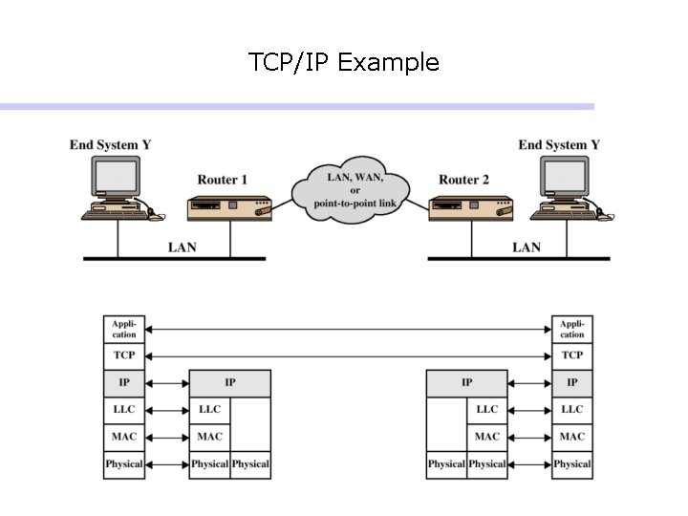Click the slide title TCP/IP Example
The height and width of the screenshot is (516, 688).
click(343, 63)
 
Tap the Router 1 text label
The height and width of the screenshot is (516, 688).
click(222, 180)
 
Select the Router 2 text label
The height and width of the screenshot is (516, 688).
click(463, 180)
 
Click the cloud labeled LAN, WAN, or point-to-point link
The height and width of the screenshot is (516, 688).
click(355, 191)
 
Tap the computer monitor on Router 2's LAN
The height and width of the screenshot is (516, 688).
click(565, 178)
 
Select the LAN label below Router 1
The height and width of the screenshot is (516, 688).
click(182, 247)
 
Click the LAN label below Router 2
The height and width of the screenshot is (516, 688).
click(526, 247)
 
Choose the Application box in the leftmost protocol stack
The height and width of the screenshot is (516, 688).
click(124, 330)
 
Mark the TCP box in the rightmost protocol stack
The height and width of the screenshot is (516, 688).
click(572, 355)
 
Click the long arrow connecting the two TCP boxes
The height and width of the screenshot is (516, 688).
click(348, 355)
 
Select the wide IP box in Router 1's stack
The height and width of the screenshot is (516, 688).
click(230, 383)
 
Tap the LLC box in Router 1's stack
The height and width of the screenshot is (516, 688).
click(209, 410)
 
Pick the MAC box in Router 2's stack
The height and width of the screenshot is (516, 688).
click(487, 437)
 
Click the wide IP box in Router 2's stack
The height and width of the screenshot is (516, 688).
click(466, 383)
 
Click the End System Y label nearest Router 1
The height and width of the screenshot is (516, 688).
click(110, 145)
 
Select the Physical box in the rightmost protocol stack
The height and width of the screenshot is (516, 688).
click(572, 464)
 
